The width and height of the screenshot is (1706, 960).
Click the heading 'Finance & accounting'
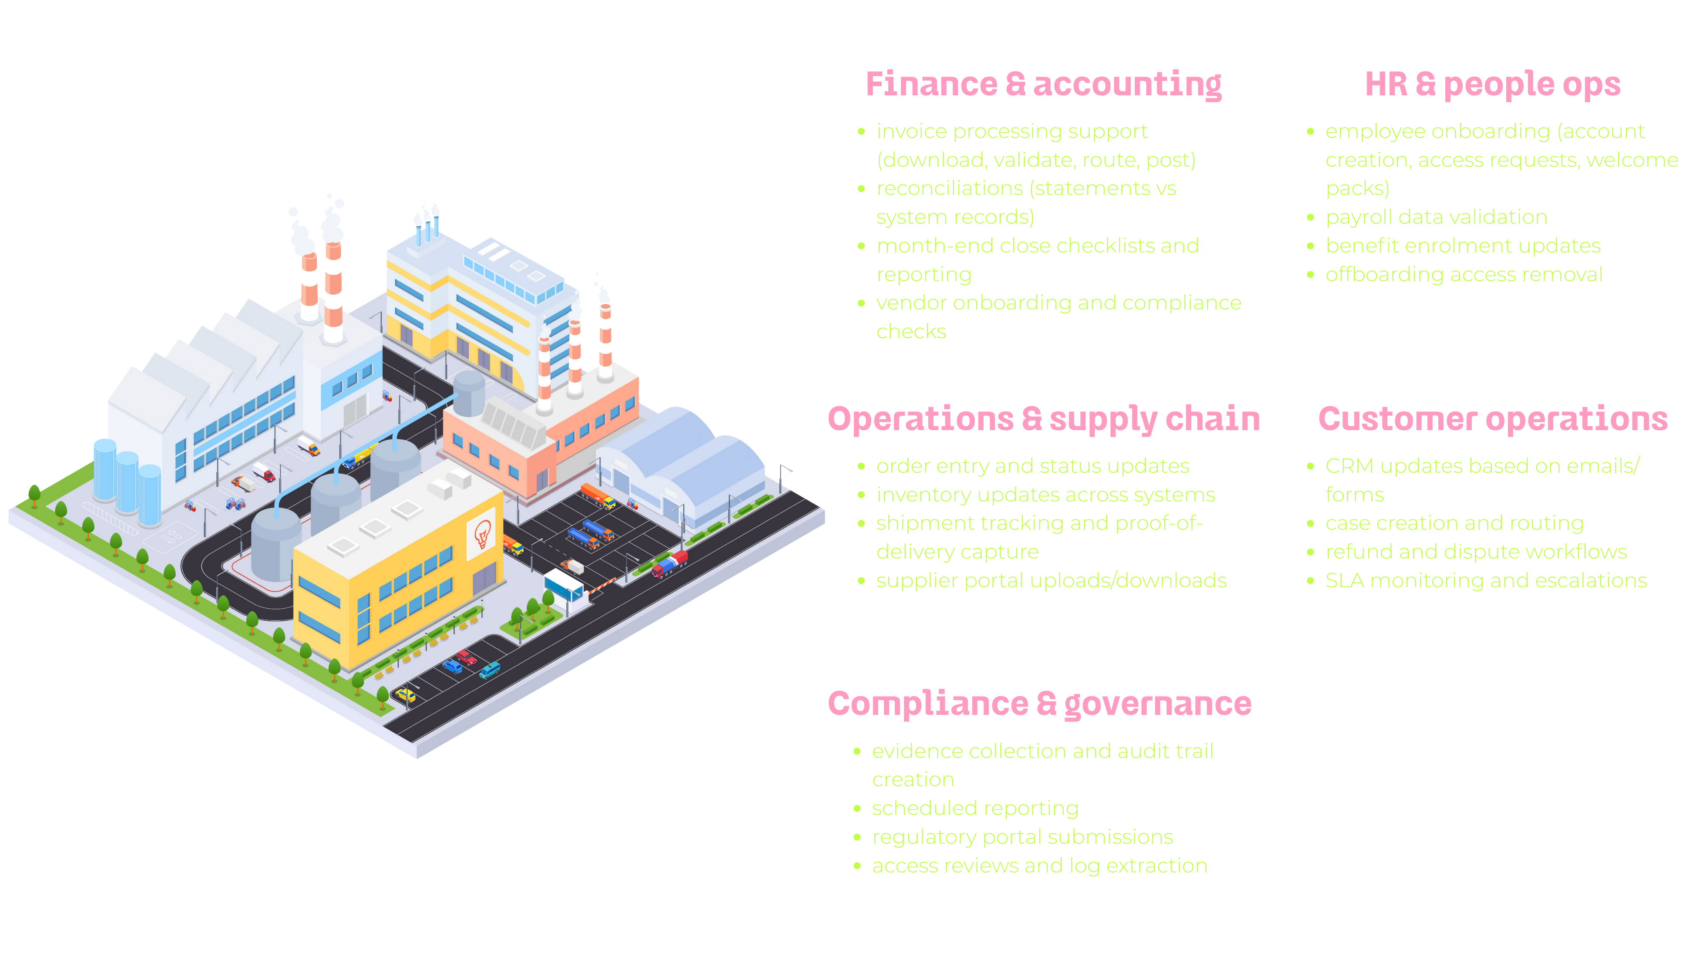tap(1043, 85)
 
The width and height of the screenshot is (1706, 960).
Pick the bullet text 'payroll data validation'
tap(1436, 217)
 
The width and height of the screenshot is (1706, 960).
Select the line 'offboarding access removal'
tap(1464, 274)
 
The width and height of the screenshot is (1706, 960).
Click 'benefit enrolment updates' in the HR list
tap(1462, 246)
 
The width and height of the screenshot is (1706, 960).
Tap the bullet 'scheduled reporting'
tap(975, 808)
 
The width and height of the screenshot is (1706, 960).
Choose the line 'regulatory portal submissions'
tap(1022, 837)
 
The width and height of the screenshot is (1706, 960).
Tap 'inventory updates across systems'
tap(1045, 495)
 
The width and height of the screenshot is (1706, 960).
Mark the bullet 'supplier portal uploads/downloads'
tap(1051, 581)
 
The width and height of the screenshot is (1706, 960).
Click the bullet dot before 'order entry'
tap(861, 466)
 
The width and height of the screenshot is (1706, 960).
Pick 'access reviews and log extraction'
tap(1039, 866)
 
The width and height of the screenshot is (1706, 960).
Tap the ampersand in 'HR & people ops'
tap(1425, 85)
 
